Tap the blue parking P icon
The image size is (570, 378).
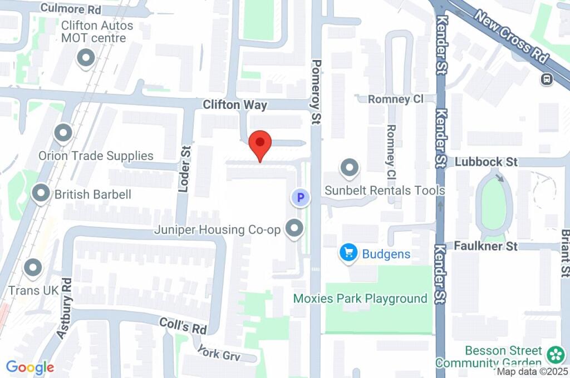[x=301, y=197]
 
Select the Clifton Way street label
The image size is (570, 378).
[x=235, y=105]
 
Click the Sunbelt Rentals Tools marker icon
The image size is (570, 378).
[x=350, y=167]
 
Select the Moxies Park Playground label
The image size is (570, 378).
[x=360, y=299]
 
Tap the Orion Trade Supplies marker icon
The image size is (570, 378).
[x=63, y=133]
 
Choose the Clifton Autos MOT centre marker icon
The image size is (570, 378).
[x=86, y=58]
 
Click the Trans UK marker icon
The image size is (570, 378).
[x=33, y=268]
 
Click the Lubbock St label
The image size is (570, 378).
[x=486, y=162]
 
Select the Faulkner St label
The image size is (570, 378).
[x=485, y=245]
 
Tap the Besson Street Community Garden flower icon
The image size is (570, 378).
[x=555, y=354]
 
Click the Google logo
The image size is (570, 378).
[x=30, y=367]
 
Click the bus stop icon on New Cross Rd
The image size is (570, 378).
[x=547, y=79]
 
